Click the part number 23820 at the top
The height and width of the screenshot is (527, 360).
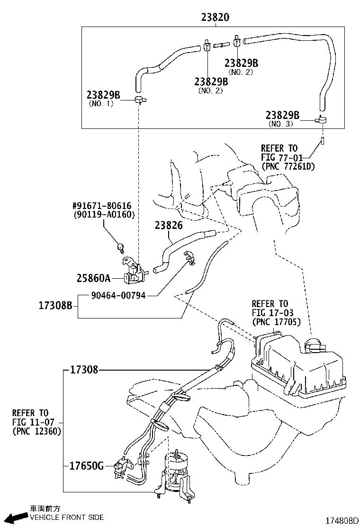pyautogui.click(x=216, y=18)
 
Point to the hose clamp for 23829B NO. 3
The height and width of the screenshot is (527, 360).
pyautogui.click(x=322, y=121)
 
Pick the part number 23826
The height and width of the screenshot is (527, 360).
pyautogui.click(x=168, y=226)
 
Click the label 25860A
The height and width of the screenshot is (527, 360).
pyautogui.click(x=93, y=278)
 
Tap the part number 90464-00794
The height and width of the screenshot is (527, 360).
pyautogui.click(x=118, y=295)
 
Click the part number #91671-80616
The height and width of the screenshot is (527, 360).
pyautogui.click(x=101, y=206)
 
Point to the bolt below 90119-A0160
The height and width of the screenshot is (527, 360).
pyautogui.click(x=121, y=247)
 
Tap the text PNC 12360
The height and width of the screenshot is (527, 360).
pyautogui.click(x=36, y=431)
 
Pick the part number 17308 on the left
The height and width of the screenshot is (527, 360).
pyautogui.click(x=84, y=370)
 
